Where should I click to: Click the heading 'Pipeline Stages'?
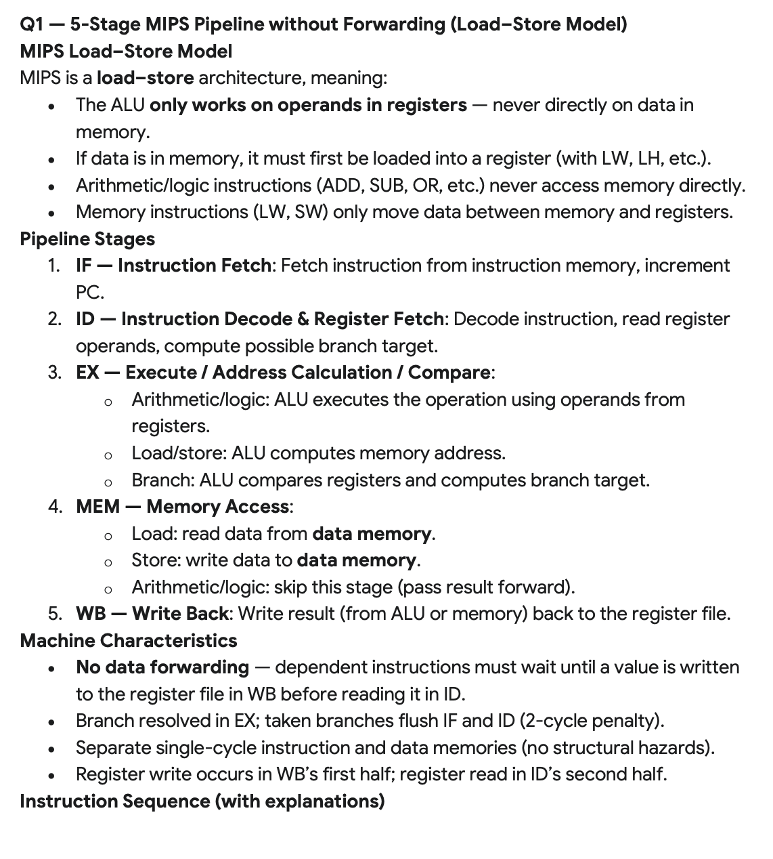pyautogui.click(x=87, y=239)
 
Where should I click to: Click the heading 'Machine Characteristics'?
pyautogui.click(x=129, y=641)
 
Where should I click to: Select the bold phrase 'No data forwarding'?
pyautogui.click(x=162, y=667)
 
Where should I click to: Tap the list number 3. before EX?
pyautogui.click(x=55, y=373)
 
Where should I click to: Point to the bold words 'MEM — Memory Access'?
pyautogui.click(x=183, y=507)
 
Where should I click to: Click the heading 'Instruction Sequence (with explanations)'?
pyautogui.click(x=202, y=801)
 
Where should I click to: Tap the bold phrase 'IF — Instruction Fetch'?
pyautogui.click(x=173, y=266)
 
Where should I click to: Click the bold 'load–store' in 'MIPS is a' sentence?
pyautogui.click(x=145, y=78)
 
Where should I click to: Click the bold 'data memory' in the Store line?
pyautogui.click(x=356, y=560)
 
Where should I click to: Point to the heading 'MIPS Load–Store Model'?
pyautogui.click(x=126, y=51)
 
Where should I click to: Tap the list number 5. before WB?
pyautogui.click(x=55, y=614)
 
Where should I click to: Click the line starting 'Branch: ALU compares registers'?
pyautogui.click(x=390, y=480)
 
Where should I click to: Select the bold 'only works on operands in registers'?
pyautogui.click(x=308, y=105)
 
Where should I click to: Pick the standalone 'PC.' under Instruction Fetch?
pyautogui.click(x=89, y=293)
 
